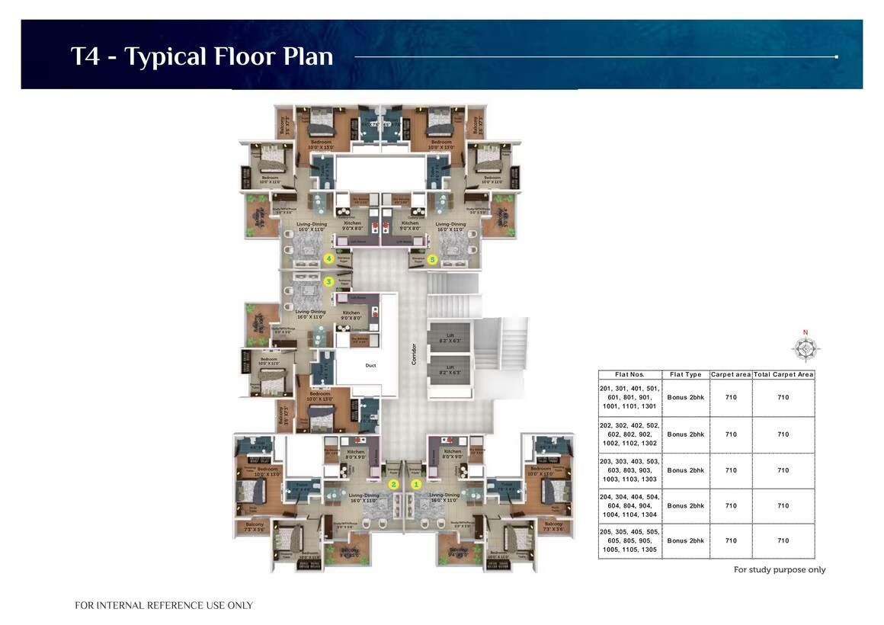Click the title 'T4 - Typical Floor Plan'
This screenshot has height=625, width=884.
pyautogui.click(x=202, y=56)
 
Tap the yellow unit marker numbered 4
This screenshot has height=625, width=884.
pyautogui.click(x=329, y=259)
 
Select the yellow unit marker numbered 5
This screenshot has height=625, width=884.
pyautogui.click(x=433, y=259)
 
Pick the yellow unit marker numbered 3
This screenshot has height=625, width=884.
pyautogui.click(x=329, y=281)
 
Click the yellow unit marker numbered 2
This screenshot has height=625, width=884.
pyautogui.click(x=394, y=484)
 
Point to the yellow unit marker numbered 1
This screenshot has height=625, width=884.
pyautogui.click(x=416, y=484)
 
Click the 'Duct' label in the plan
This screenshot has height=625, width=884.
pyautogui.click(x=370, y=366)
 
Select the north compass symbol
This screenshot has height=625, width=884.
pyautogui.click(x=805, y=349)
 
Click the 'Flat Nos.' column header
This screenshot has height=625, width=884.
pyautogui.click(x=629, y=374)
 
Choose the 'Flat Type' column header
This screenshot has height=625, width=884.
pyautogui.click(x=685, y=374)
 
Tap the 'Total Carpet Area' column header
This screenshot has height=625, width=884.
pyautogui.click(x=783, y=374)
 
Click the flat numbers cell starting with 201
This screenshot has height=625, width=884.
pyautogui.click(x=629, y=397)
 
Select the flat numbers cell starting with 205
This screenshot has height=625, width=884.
pyautogui.click(x=629, y=540)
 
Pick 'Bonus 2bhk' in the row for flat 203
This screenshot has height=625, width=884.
pyautogui.click(x=685, y=470)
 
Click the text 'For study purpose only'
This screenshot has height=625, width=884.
pyautogui.click(x=779, y=569)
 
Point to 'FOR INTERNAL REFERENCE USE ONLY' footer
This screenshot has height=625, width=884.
pyautogui.click(x=164, y=605)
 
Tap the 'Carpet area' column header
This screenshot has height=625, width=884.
pyautogui.click(x=731, y=374)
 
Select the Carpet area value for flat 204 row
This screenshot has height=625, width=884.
pyautogui.click(x=731, y=505)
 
